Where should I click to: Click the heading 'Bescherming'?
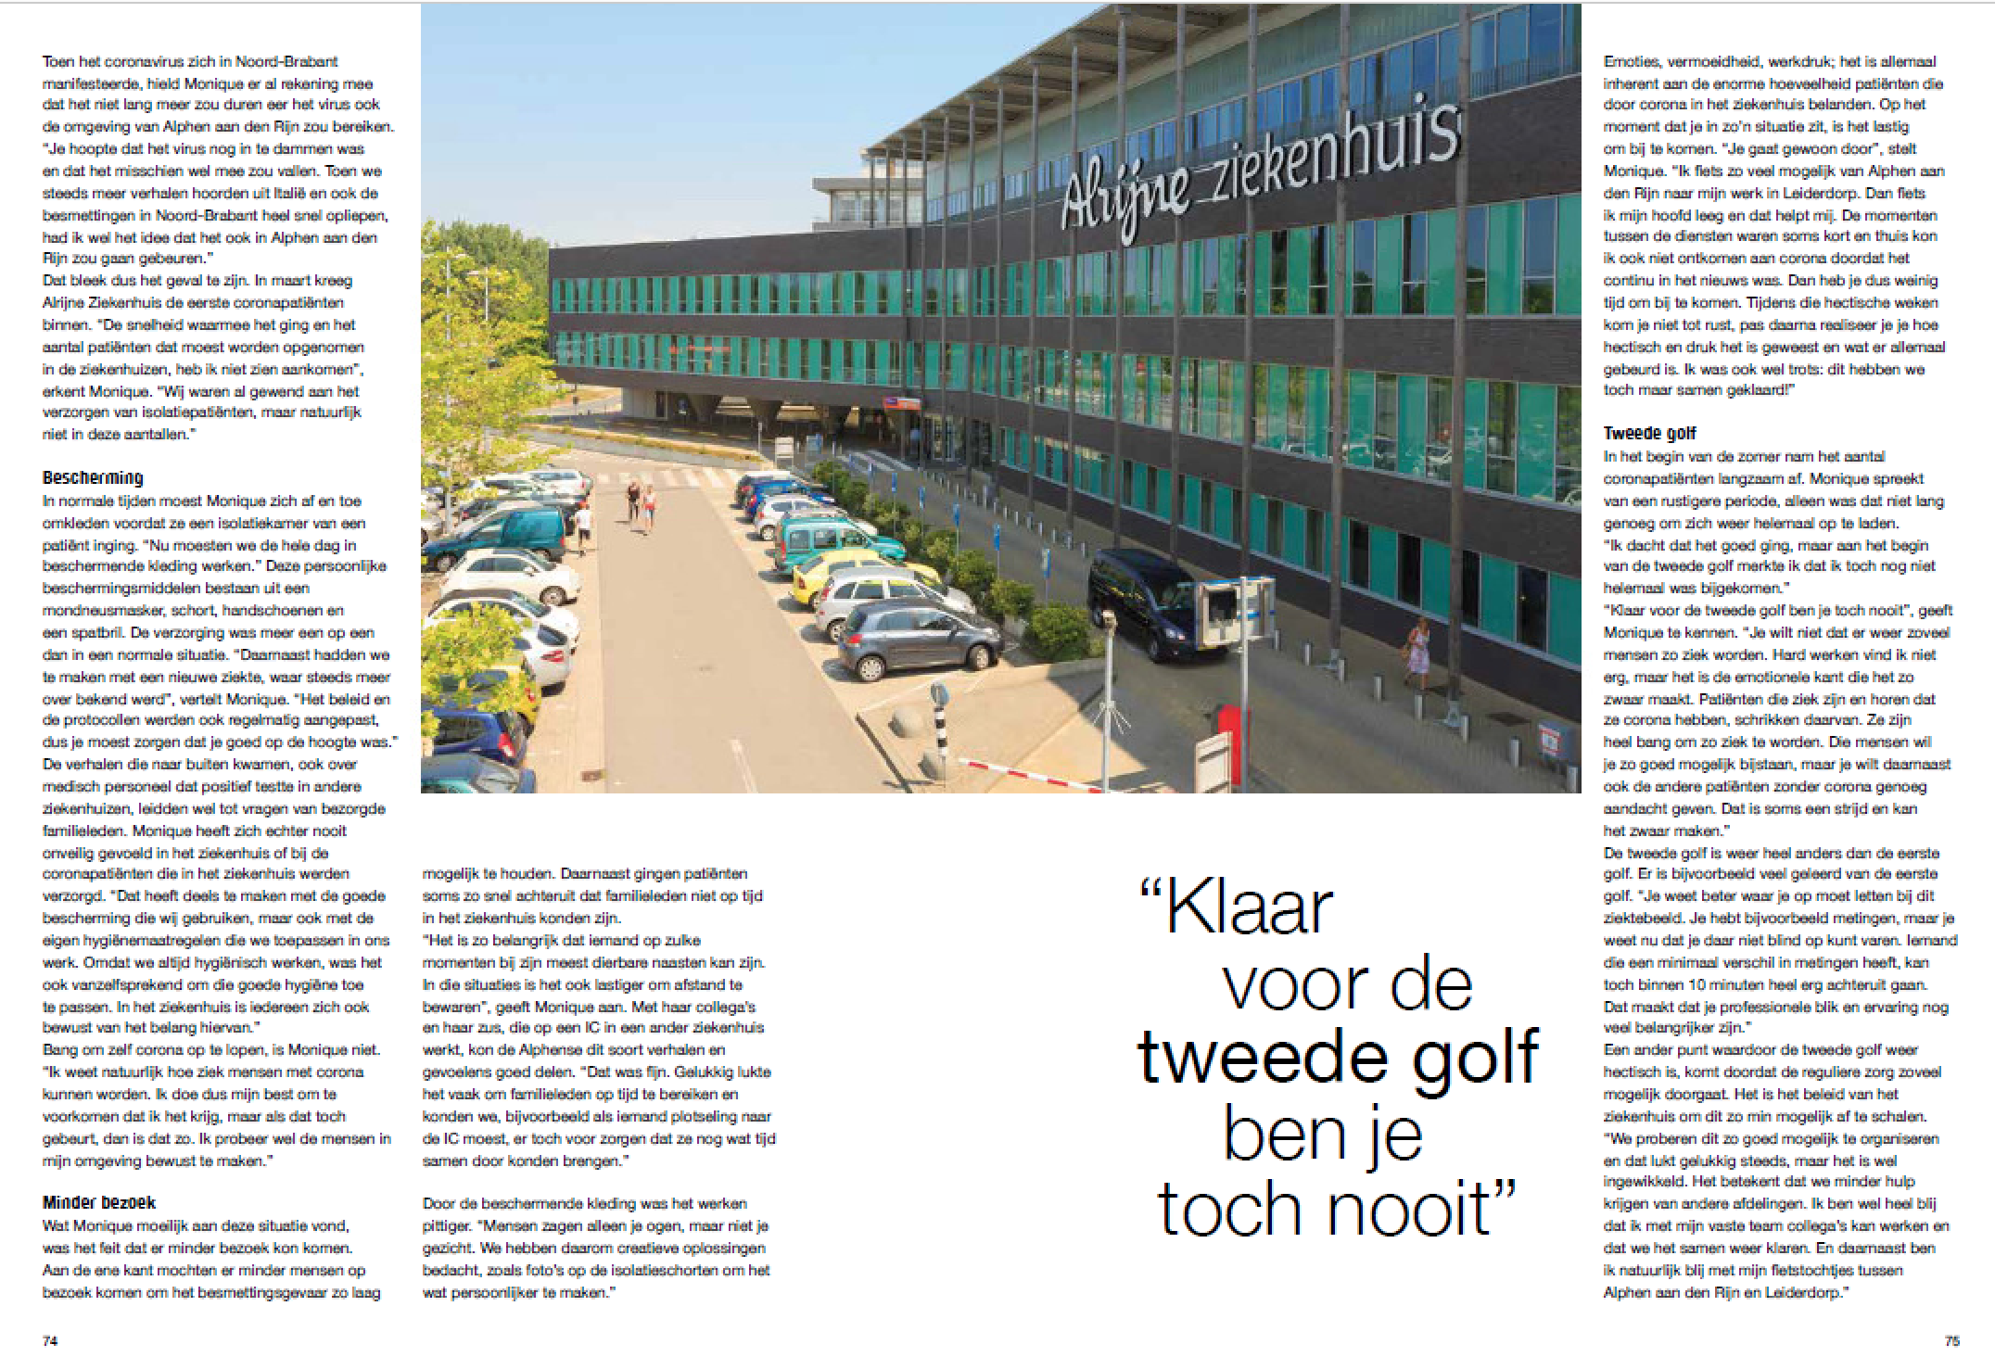pos(93,477)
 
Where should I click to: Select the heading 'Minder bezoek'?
pos(99,1202)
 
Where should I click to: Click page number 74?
pos(51,1340)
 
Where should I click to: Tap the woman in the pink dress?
pos(1418,661)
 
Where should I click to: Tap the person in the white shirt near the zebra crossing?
pos(582,525)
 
